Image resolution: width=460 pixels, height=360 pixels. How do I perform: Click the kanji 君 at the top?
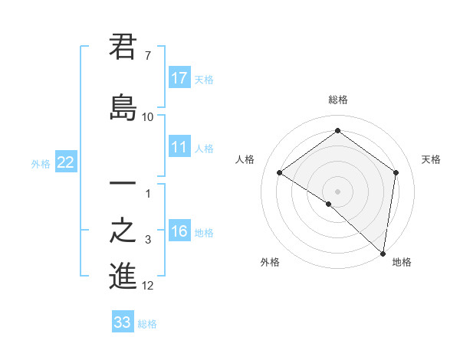coord(123,47)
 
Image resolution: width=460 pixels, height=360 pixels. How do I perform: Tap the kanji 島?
coord(123,106)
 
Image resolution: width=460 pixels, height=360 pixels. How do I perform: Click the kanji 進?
coord(123,276)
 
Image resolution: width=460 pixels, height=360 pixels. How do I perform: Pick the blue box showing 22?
coord(66,162)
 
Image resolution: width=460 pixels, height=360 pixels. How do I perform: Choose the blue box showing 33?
coord(123,322)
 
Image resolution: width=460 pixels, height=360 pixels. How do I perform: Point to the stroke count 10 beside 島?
coord(147,116)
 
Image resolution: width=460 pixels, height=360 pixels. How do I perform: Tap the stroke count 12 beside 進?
coord(148,286)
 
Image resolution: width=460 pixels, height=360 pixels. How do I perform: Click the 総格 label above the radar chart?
coord(337,100)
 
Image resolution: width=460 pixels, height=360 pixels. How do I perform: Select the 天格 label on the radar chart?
coord(431,159)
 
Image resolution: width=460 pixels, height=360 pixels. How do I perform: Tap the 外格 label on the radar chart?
coord(270,263)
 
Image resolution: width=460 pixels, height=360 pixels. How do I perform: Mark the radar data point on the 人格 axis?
coord(280,173)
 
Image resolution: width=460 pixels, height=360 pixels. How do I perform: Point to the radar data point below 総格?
coord(337,130)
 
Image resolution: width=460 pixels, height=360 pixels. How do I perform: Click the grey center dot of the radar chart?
coord(337,191)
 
